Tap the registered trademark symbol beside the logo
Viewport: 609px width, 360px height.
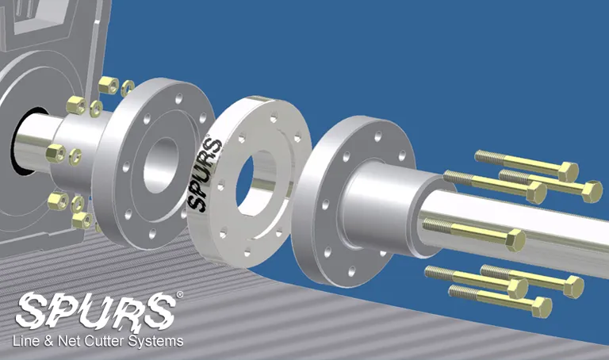click(x=179, y=295)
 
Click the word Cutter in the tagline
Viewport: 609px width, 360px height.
click(x=105, y=341)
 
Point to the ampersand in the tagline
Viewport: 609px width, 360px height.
click(x=48, y=341)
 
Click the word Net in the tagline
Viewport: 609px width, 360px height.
click(x=69, y=341)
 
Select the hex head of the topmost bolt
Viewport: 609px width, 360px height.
click(x=568, y=171)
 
